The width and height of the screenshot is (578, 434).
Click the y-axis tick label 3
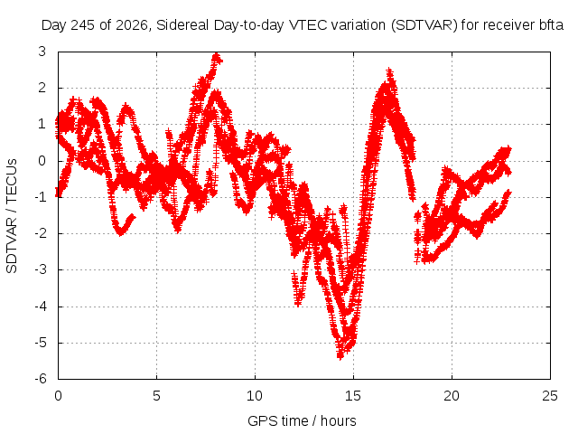(x=42, y=52)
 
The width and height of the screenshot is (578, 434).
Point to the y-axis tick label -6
(x=41, y=379)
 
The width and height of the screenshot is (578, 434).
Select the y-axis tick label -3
(x=41, y=269)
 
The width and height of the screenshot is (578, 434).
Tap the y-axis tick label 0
(x=42, y=161)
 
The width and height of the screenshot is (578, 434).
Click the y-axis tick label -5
(x=41, y=343)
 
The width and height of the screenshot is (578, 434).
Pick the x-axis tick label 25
(x=550, y=396)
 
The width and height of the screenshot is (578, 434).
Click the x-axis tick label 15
(x=353, y=396)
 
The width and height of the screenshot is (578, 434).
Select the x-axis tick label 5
(x=156, y=396)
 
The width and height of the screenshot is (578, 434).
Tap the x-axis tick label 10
(x=255, y=396)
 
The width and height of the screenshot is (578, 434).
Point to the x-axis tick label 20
(x=452, y=396)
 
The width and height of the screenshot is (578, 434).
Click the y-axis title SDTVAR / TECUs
(x=12, y=216)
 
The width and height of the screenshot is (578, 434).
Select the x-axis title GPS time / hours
(x=302, y=420)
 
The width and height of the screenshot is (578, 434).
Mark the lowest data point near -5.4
(x=340, y=356)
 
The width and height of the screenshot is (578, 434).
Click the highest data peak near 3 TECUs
(x=217, y=56)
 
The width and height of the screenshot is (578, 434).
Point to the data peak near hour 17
(x=389, y=71)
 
